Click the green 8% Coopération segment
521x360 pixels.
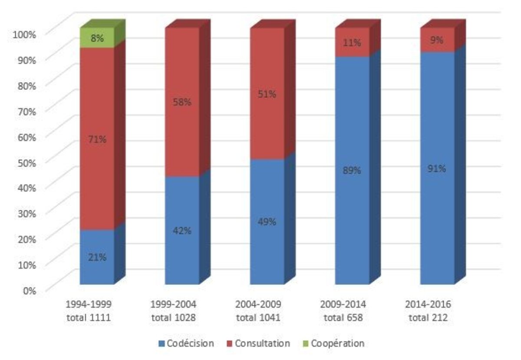[x=97, y=38]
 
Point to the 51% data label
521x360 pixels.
[x=267, y=94]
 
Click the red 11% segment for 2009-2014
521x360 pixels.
[x=352, y=43]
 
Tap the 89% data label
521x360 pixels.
[x=352, y=171]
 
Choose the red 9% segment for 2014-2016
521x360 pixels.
[x=437, y=40]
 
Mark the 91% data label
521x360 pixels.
[x=437, y=168]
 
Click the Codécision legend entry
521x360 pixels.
[x=186, y=343]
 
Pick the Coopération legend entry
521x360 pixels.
[x=333, y=343]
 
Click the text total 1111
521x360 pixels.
[x=89, y=317]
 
